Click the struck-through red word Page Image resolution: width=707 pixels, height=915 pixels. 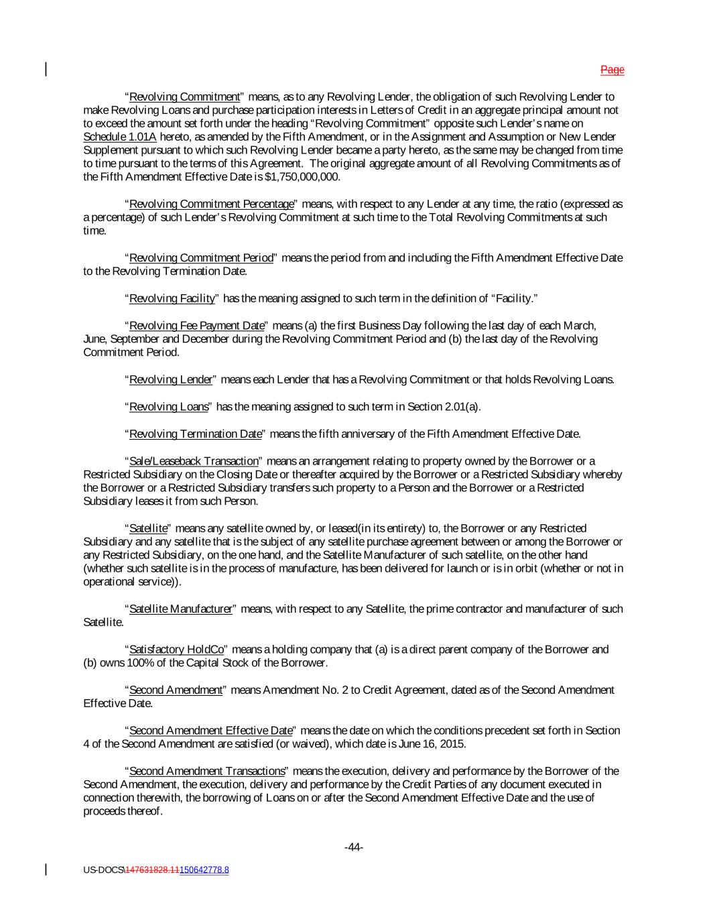pyautogui.click(x=612, y=70)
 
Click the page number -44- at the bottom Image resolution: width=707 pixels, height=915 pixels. pyautogui.click(x=353, y=847)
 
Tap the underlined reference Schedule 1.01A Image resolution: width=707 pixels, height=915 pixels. pyautogui.click(x=120, y=137)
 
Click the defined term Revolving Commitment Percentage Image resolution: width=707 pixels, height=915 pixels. pyautogui.click(x=211, y=204)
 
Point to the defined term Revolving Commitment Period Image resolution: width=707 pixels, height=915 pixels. pyautogui.click(x=201, y=258)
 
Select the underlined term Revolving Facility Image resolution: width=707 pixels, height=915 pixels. pyautogui.click(x=172, y=298)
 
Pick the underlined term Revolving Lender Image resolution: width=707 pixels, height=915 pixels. pyautogui.click(x=170, y=380)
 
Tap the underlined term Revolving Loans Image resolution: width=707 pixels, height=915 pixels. pyautogui.click(x=168, y=407)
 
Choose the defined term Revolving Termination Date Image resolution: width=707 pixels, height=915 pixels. pyautogui.click(x=194, y=434)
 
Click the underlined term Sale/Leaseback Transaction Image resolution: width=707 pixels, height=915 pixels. pyautogui.click(x=193, y=461)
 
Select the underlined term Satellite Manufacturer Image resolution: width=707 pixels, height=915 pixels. pyautogui.click(x=180, y=609)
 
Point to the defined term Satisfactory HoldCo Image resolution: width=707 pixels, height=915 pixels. pyautogui.click(x=176, y=650)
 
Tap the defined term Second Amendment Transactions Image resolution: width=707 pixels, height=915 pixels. pyautogui.click(x=206, y=771)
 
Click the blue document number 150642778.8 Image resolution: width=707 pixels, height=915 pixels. pyautogui.click(x=204, y=870)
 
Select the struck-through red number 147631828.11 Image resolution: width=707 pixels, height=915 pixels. pyautogui.click(x=152, y=870)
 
